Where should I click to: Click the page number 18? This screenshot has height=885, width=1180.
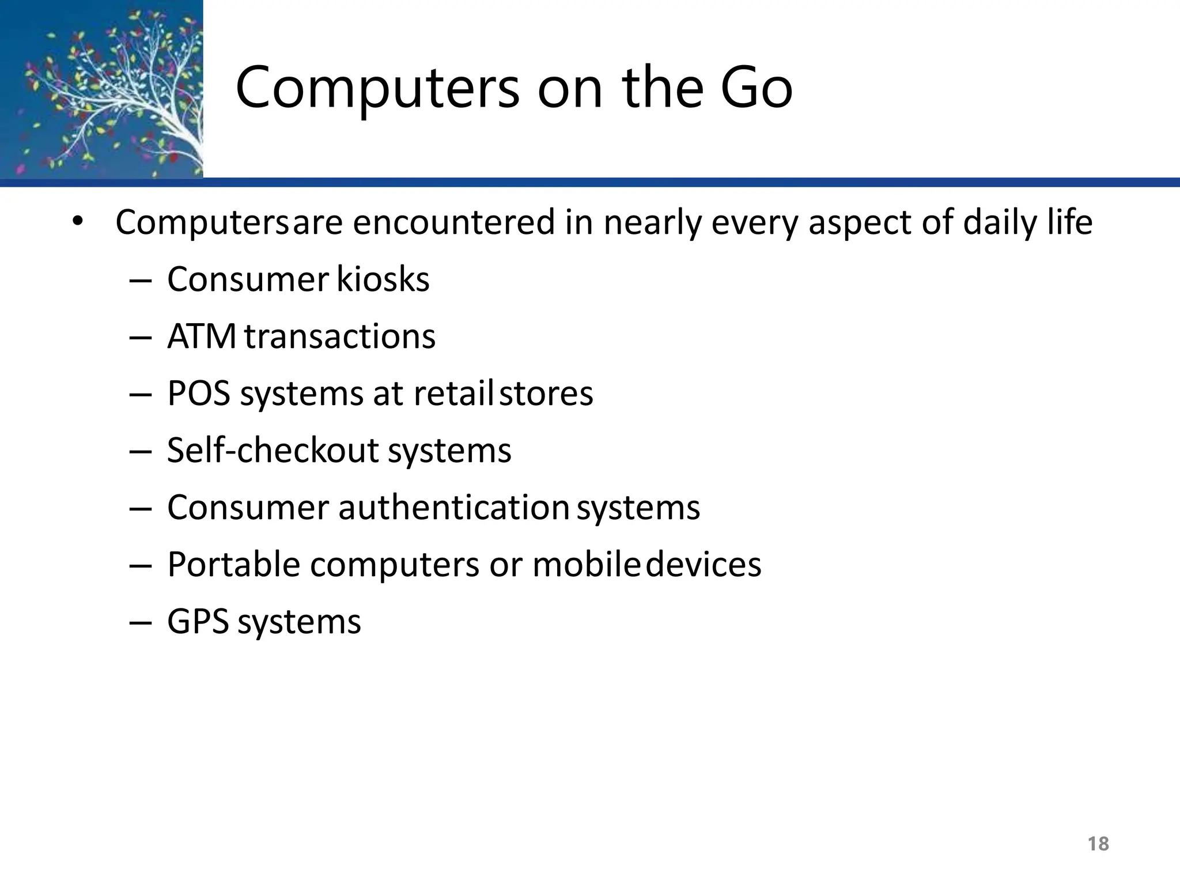(x=1098, y=844)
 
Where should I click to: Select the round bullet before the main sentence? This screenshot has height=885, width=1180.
(x=78, y=221)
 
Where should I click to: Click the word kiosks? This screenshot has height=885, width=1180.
(x=383, y=279)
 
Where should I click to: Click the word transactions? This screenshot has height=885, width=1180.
(x=340, y=336)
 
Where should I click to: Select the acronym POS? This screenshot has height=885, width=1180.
(x=199, y=394)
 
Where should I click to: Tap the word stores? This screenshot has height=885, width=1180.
(x=546, y=394)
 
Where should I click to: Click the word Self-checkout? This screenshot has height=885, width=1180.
(x=273, y=450)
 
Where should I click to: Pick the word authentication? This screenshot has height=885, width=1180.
(x=454, y=508)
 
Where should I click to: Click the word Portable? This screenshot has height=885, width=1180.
(x=233, y=564)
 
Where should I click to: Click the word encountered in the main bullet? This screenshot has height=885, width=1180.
(x=454, y=222)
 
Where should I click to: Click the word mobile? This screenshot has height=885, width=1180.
(x=585, y=564)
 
